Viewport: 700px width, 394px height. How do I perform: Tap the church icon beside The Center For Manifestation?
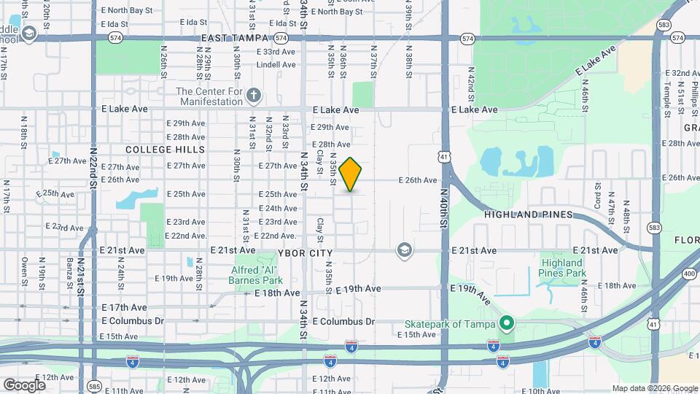click(253, 96)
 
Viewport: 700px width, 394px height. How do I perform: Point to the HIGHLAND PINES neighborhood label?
click(528, 215)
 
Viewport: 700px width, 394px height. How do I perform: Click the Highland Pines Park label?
click(562, 268)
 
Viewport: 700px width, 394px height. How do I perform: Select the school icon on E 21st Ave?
click(402, 251)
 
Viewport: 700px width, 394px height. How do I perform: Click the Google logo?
click(24, 385)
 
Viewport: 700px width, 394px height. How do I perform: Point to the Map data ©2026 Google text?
click(655, 388)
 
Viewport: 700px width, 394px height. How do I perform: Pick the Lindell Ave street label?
click(276, 65)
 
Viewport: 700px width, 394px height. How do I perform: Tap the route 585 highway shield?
click(93, 385)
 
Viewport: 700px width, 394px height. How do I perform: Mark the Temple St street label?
click(666, 92)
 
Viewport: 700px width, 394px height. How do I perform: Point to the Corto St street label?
click(596, 198)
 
